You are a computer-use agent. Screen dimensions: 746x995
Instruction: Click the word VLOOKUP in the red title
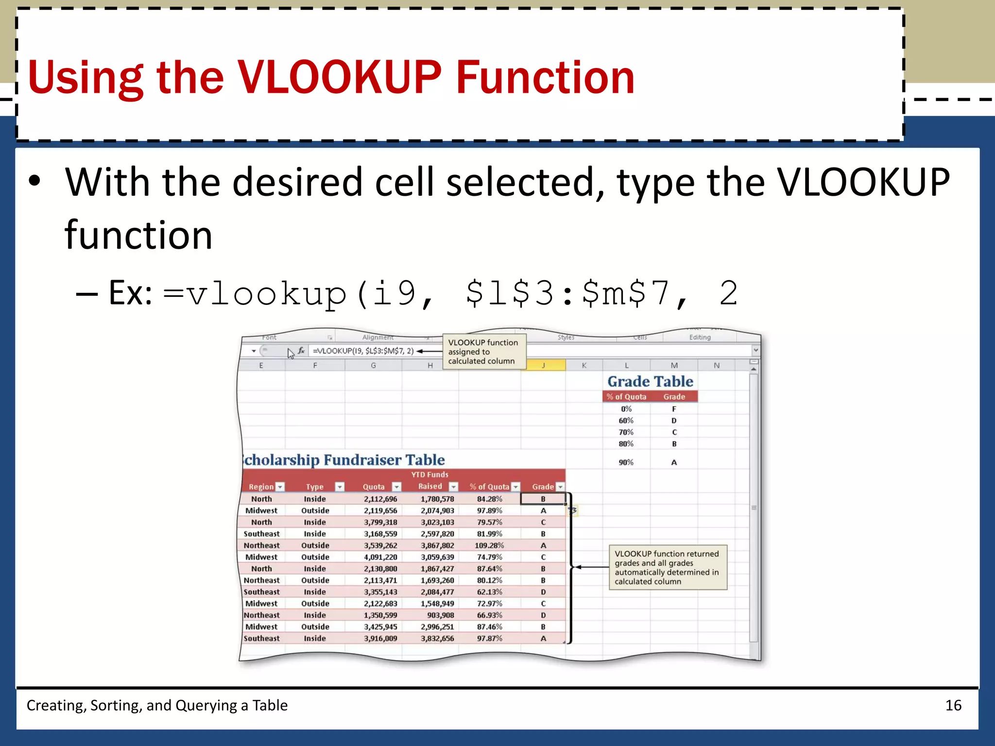pos(339,78)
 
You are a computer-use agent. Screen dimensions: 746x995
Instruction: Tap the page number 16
pos(953,705)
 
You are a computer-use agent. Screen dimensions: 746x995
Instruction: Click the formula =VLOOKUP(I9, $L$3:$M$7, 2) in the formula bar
pos(363,351)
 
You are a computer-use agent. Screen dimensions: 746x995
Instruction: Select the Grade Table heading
pos(650,381)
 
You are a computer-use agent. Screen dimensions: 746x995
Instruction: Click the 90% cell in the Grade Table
pos(626,462)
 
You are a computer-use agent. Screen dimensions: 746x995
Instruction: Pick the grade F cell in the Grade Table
pos(674,409)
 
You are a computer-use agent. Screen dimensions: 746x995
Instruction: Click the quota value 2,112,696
pos(380,499)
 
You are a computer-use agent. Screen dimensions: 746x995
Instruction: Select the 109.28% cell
pos(489,545)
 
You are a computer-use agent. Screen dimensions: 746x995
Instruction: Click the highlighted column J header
pos(543,365)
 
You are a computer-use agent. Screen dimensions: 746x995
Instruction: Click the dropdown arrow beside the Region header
pos(280,487)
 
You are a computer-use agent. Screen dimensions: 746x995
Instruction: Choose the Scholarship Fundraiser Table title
pos(344,459)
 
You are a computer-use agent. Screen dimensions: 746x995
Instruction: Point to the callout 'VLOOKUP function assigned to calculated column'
pos(484,352)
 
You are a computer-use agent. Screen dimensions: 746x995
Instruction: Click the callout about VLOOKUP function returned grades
pos(668,567)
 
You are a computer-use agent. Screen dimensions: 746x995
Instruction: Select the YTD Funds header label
pos(429,475)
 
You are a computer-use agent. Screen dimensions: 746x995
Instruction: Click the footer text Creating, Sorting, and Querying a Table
pos(157,705)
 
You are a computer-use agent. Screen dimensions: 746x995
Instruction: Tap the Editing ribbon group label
pos(700,337)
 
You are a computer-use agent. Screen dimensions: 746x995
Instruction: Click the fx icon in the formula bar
pos(301,350)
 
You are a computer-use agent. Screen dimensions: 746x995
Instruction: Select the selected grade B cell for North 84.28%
pos(543,499)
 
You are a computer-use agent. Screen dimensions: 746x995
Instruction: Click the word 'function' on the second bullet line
pos(138,236)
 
